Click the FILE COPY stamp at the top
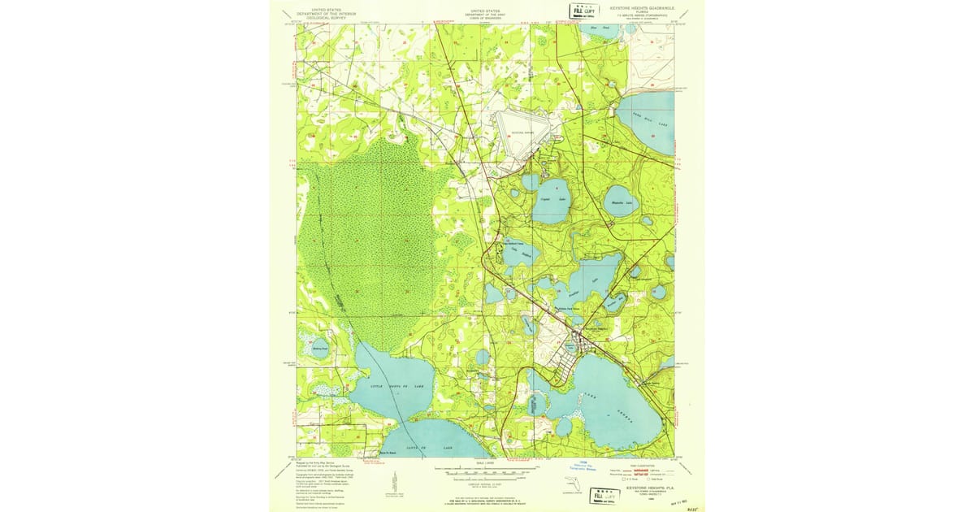(581, 11)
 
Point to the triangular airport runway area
(521, 129)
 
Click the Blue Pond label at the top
(605, 28)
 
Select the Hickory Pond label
(319, 348)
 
